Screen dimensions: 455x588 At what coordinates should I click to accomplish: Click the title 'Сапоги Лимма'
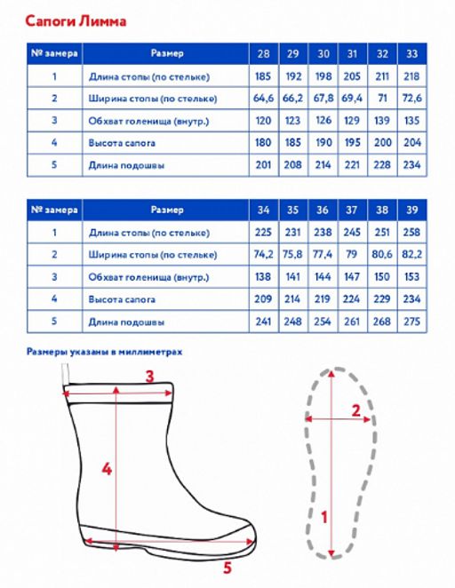pyautogui.click(x=76, y=21)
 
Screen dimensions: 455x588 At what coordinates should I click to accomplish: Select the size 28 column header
pyautogui.click(x=263, y=53)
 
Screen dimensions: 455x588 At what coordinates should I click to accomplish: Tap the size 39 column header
pyautogui.click(x=411, y=210)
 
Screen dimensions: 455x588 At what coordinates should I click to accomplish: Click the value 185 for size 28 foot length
pyautogui.click(x=263, y=76)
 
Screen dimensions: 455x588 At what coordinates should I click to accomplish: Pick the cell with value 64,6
pyautogui.click(x=263, y=99)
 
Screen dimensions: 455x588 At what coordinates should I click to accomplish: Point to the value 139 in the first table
pyautogui.click(x=382, y=121)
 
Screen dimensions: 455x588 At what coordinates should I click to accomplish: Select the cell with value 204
pyautogui.click(x=411, y=142)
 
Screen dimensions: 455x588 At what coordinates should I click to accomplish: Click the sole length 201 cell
pyautogui.click(x=263, y=164)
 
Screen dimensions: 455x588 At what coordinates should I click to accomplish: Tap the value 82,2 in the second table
pyautogui.click(x=411, y=254)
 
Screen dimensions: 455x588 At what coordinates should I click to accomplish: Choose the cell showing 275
pyautogui.click(x=411, y=322)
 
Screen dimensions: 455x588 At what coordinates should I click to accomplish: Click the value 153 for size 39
pyautogui.click(x=411, y=277)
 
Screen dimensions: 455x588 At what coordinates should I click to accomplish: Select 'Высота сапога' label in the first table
pyautogui.click(x=122, y=143)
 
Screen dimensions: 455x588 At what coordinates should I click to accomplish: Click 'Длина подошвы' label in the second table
pyautogui.click(x=126, y=322)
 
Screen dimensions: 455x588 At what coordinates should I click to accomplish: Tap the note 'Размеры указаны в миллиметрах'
pyautogui.click(x=104, y=352)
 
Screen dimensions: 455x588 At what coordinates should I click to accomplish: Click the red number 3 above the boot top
pyautogui.click(x=149, y=376)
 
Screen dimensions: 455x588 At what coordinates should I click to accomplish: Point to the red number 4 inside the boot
pyautogui.click(x=107, y=469)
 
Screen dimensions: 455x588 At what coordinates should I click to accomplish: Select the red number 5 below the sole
pyautogui.click(x=227, y=568)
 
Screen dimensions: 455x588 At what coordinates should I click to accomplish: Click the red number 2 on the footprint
pyautogui.click(x=356, y=410)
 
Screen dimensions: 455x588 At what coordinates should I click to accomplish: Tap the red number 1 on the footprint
pyautogui.click(x=324, y=517)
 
